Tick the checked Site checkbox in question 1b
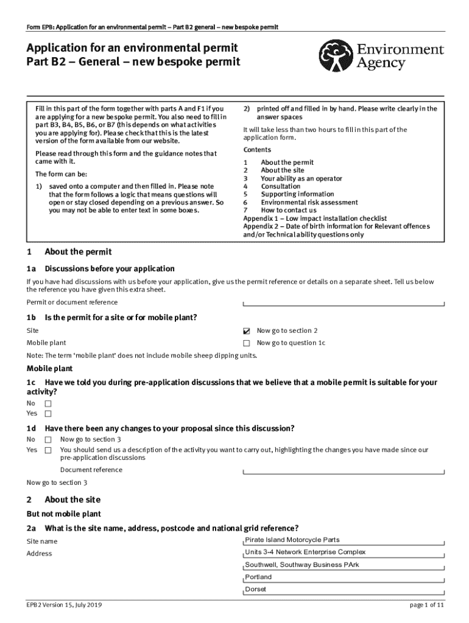pyautogui.click(x=247, y=331)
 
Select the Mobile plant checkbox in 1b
pyautogui.click(x=247, y=343)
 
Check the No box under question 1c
pyautogui.click(x=48, y=403)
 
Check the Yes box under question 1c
pyautogui.click(x=48, y=414)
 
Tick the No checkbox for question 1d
pyautogui.click(x=48, y=439)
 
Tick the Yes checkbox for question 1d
pyautogui.click(x=48, y=450)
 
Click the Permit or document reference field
pyautogui.click(x=344, y=302)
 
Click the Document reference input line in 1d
pyautogui.click(x=344, y=470)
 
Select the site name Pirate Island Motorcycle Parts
pyautogui.click(x=292, y=540)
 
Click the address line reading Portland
pyautogui.click(x=258, y=577)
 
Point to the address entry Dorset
pyautogui.click(x=255, y=589)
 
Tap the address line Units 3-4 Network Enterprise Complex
pyautogui.click(x=305, y=552)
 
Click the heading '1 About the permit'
pyautogui.click(x=69, y=252)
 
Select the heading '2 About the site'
pyautogui.click(x=63, y=499)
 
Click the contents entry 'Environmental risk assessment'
pyautogui.click(x=309, y=203)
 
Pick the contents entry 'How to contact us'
pyautogui.click(x=289, y=211)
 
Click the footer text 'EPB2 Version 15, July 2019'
pyautogui.click(x=64, y=605)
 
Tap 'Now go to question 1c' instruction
pyautogui.click(x=291, y=343)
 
